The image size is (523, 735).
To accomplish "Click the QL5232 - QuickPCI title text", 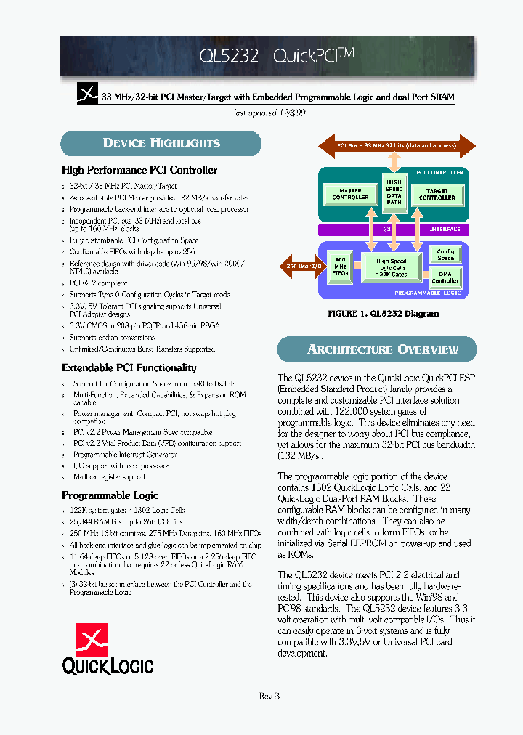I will click(x=277, y=56).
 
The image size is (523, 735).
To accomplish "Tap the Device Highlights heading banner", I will click(x=161, y=143).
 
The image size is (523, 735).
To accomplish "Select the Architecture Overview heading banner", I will click(x=383, y=349).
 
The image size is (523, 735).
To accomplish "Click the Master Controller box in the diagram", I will click(x=350, y=195).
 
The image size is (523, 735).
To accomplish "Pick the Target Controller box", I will click(x=437, y=195).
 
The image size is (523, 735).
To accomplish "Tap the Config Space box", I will click(x=445, y=255).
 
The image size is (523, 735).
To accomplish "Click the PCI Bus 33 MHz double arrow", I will click(x=396, y=146).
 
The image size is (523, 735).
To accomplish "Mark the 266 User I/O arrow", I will click(x=299, y=266).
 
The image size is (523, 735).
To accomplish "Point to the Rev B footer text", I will click(x=269, y=696).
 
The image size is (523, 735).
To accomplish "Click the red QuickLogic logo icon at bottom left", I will click(x=92, y=638).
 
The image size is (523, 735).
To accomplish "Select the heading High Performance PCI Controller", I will click(x=139, y=170).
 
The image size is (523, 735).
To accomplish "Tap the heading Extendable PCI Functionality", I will click(x=129, y=367).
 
